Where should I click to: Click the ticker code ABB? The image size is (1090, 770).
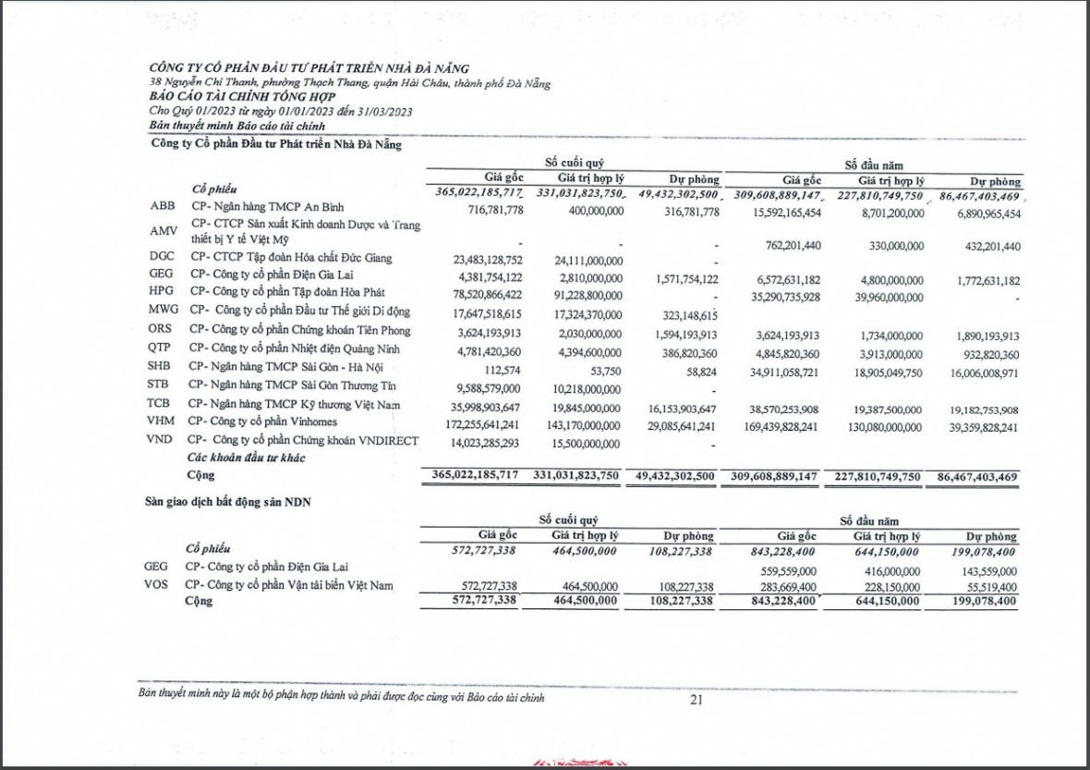[161, 206]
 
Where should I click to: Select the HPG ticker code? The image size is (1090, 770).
[162, 291]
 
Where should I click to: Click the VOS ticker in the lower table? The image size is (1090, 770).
[157, 585]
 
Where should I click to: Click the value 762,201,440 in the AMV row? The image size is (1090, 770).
[781, 246]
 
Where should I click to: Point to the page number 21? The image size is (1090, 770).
[696, 700]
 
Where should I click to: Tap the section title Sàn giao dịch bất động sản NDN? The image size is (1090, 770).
[228, 502]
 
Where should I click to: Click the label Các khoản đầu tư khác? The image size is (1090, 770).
[246, 458]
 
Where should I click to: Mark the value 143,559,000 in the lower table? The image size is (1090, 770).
[983, 571]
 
